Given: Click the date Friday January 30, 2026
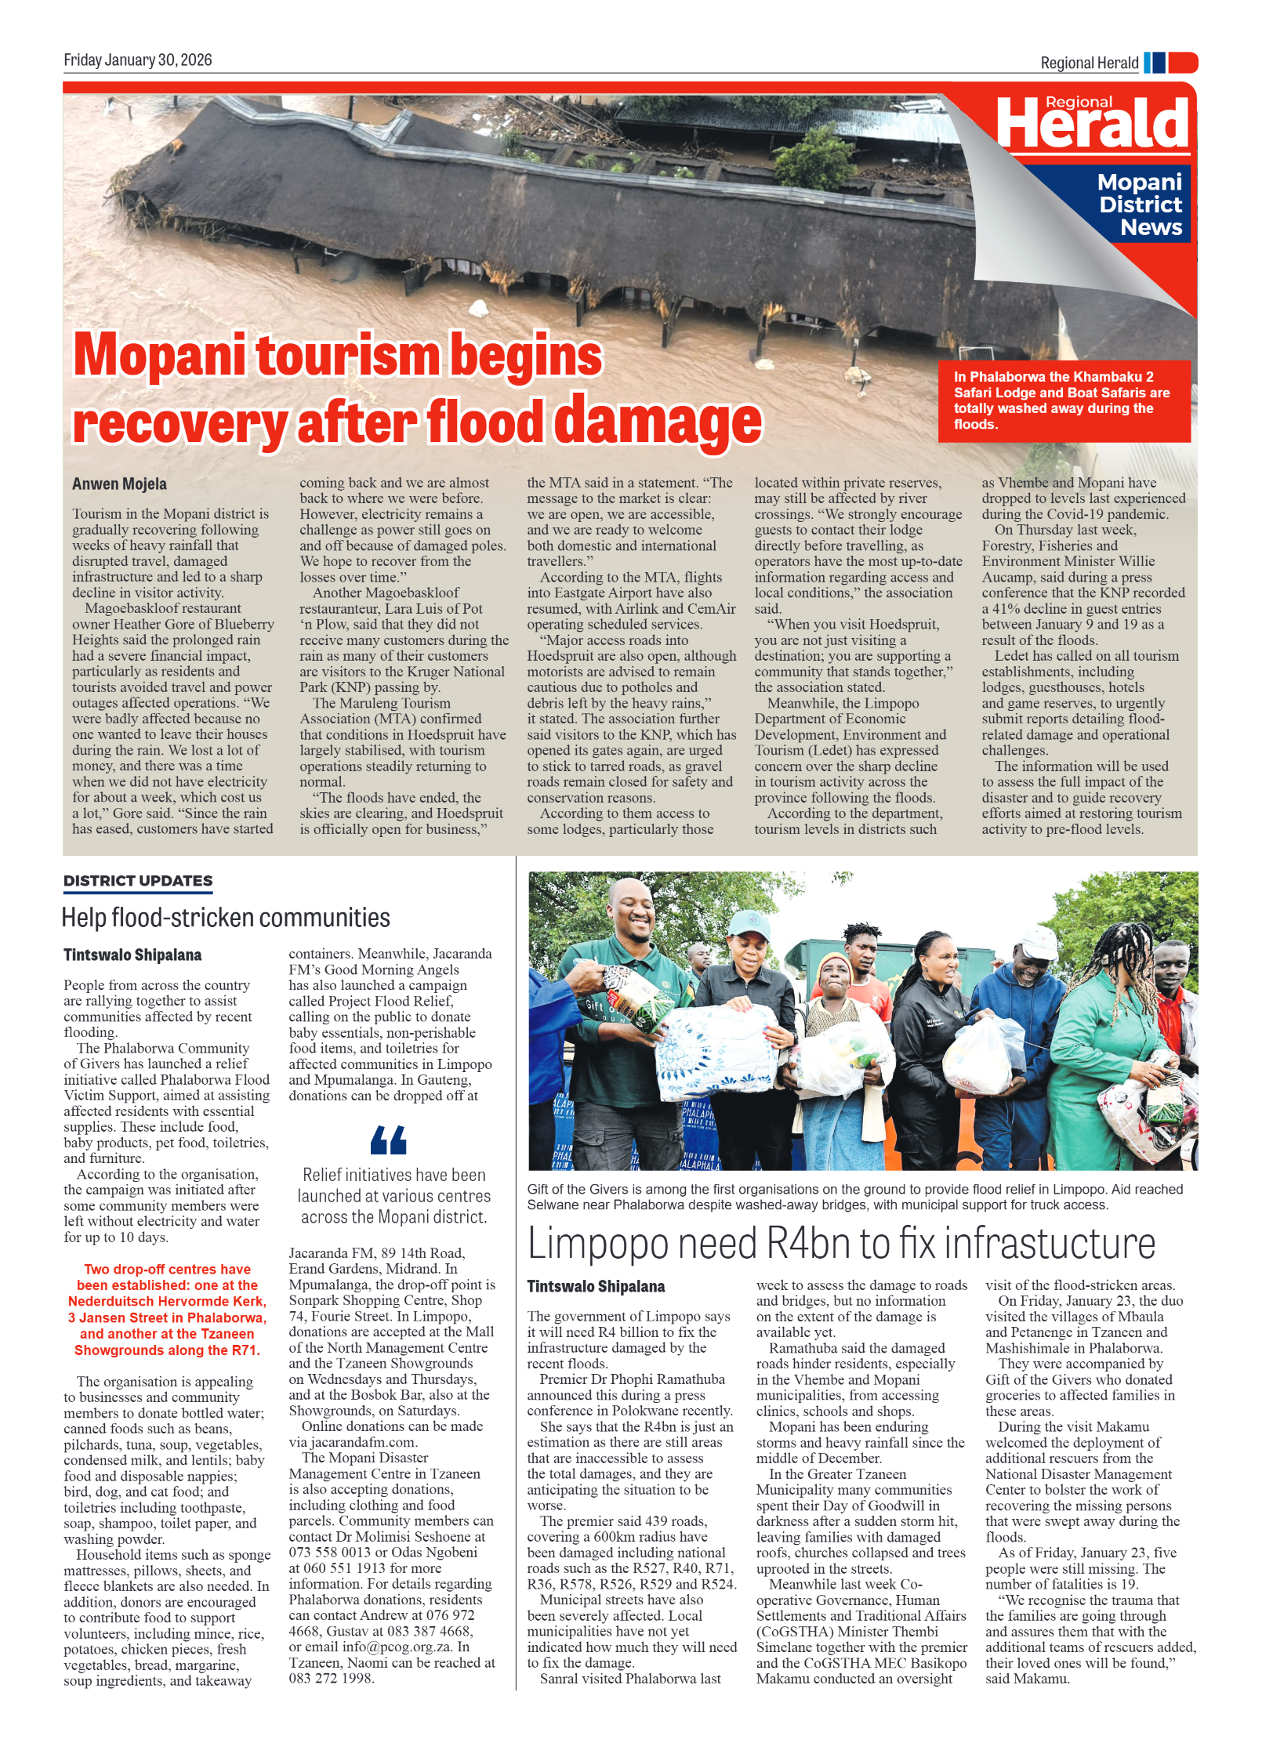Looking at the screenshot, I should [x=138, y=60].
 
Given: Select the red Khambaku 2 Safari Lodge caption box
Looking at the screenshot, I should [x=1064, y=400].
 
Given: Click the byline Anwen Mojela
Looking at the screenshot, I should [x=119, y=484].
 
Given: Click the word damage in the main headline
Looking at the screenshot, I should [x=658, y=422].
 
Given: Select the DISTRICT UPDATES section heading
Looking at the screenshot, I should [x=138, y=881].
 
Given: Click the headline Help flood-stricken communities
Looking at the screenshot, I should [x=226, y=918].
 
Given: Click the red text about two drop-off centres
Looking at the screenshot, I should [x=167, y=1309].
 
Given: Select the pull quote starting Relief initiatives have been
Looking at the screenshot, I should [x=394, y=1196].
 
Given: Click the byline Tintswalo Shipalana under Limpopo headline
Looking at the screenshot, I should [x=596, y=1286].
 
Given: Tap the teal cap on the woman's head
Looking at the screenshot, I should [x=749, y=925].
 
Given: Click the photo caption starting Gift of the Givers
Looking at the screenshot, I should [x=854, y=1197].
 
